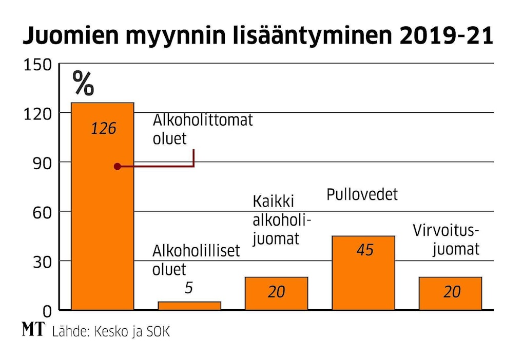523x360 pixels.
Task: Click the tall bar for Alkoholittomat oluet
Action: pos(102,205)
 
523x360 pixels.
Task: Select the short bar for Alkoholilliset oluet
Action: pos(189,306)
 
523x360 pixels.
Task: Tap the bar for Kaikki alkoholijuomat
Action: pos(276,293)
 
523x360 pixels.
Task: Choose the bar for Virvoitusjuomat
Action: pos(450,293)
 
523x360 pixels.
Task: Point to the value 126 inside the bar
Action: pos(104,128)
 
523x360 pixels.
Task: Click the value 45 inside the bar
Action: pos(365,250)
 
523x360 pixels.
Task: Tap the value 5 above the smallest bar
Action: pos(189,288)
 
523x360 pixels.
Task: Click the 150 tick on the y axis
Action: pos(37,65)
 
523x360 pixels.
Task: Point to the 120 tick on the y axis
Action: pos(37,114)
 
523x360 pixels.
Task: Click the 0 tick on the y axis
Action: pos(47,311)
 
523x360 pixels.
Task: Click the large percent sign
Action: pos(83,83)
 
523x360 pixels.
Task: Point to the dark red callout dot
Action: pos(117,167)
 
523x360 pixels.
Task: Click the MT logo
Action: pos(34,330)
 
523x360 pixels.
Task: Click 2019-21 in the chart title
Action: pos(441,37)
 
